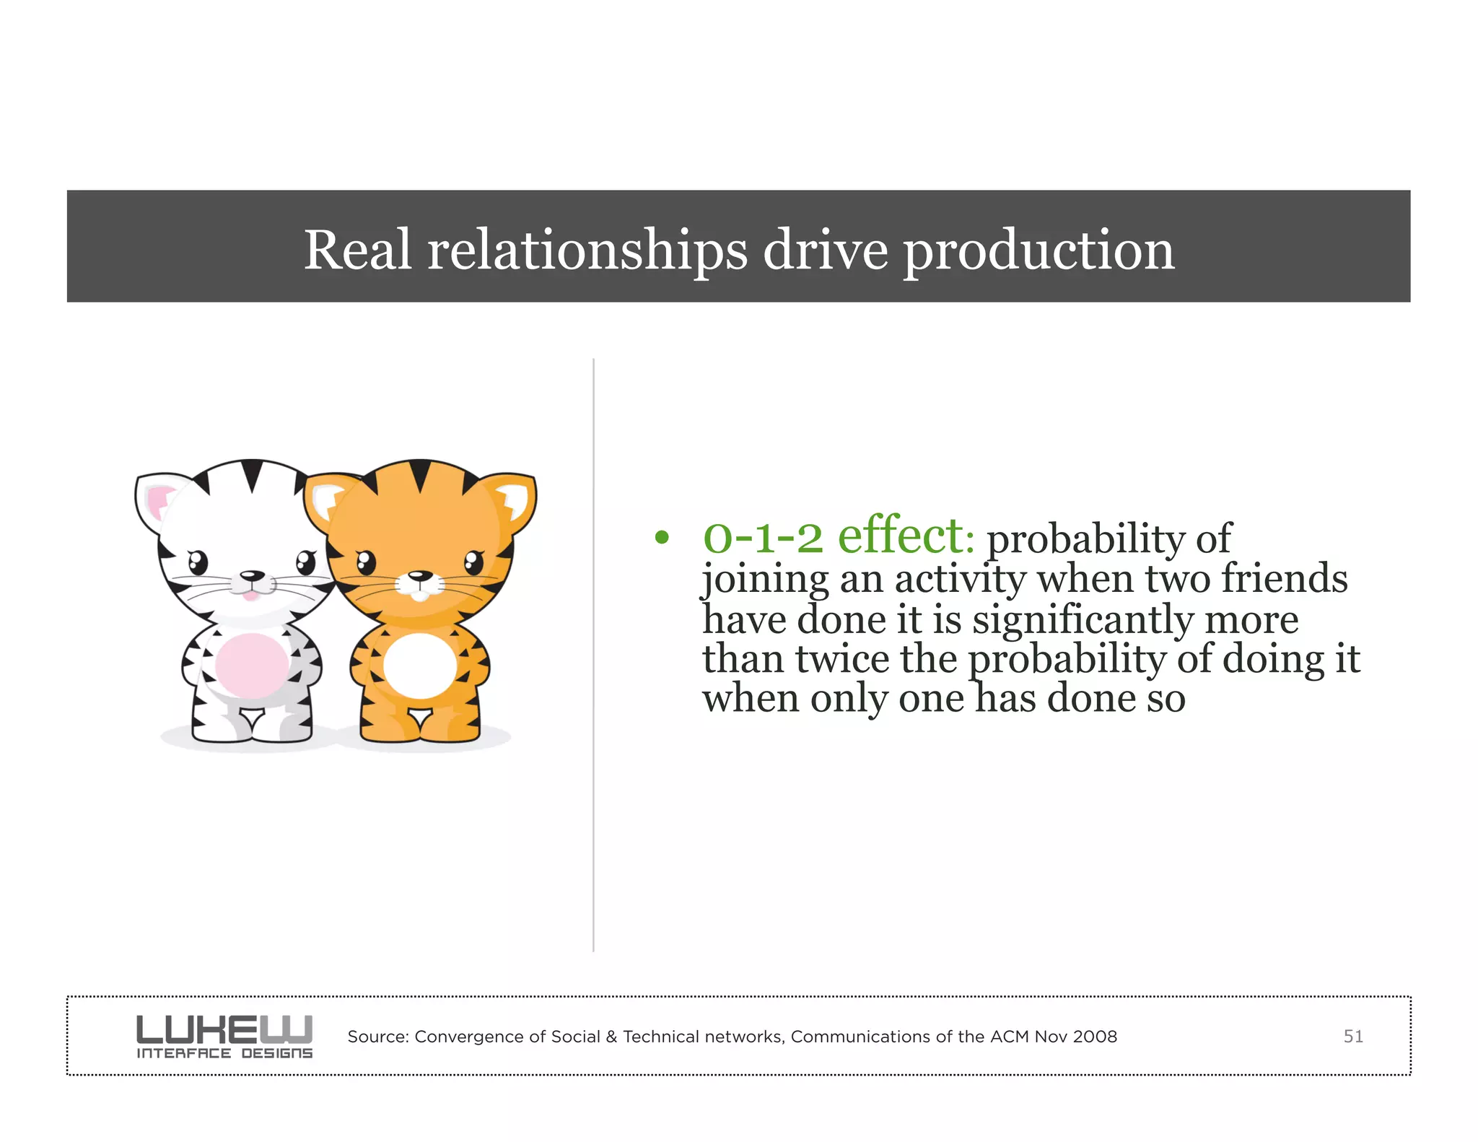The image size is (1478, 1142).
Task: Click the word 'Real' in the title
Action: (357, 250)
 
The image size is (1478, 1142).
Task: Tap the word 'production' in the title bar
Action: (1039, 251)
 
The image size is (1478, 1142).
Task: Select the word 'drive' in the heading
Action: (826, 250)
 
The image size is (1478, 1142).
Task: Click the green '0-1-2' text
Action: (763, 537)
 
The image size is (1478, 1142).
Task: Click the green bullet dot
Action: (662, 538)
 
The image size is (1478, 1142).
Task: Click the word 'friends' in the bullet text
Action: (1284, 579)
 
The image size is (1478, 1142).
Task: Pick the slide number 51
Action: (1352, 1037)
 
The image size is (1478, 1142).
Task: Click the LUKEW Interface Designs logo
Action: (224, 1037)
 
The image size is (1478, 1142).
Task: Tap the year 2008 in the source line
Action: (1095, 1037)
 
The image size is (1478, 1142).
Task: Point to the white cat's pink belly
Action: (251, 665)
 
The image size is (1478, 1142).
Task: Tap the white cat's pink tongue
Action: (249, 596)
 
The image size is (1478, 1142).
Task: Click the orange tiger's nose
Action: (419, 576)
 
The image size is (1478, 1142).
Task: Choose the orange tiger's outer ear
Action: (514, 498)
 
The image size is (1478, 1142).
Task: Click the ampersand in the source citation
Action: (611, 1037)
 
